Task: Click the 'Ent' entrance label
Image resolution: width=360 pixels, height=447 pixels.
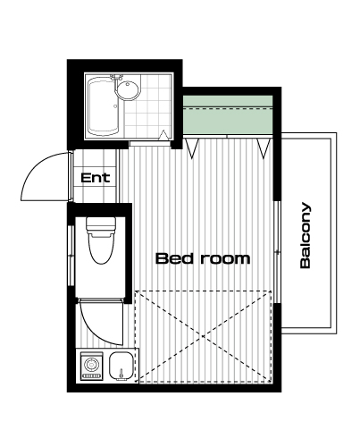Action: pos(96,178)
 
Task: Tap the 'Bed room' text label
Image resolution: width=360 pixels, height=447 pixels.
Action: pos(203,258)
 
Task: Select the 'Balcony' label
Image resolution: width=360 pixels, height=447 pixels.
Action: pos(305,235)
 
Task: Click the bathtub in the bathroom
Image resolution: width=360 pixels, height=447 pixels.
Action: pos(104,105)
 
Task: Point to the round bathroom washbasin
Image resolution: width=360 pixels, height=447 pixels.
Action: pos(128,89)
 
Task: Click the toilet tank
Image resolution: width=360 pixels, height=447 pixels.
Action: pos(101,226)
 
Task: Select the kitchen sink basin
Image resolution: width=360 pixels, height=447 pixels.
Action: pos(121,366)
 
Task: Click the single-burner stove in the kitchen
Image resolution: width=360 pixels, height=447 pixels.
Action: pos(92,366)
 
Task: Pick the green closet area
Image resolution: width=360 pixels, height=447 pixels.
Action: pos(228,114)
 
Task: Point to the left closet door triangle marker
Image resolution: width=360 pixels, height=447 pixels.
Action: pos(192,148)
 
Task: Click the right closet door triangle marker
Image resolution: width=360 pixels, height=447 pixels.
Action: pos(264,148)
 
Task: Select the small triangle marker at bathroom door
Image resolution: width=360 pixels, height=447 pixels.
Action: pos(164,135)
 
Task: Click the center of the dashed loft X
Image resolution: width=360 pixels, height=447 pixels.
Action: pos(204,336)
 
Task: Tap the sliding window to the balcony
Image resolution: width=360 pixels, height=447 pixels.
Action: pos(278,252)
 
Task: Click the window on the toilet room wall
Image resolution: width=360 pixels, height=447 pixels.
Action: pos(71,256)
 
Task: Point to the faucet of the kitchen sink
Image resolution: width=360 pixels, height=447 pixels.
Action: pos(121,374)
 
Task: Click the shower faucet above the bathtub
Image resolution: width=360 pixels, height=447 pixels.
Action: pos(116,77)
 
